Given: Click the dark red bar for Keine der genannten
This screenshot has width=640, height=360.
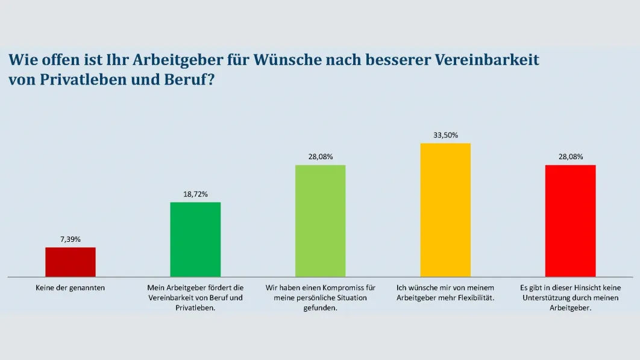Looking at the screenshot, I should point(71,262).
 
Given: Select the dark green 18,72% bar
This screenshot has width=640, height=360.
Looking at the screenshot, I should point(195,239).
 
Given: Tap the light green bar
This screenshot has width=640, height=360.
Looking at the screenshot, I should point(320,221).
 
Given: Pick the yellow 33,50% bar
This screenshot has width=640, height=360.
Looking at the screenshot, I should point(445,210).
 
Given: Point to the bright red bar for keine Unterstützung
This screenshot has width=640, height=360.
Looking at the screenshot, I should point(570,221).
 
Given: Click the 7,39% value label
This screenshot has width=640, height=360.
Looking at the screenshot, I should point(71,239).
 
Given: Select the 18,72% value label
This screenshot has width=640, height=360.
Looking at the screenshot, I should point(195,194).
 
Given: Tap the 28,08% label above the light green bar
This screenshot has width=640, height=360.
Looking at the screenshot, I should point(320,157).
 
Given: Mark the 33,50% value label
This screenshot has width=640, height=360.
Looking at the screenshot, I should point(445,135).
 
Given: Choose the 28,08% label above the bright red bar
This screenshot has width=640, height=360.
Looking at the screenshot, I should point(570,157).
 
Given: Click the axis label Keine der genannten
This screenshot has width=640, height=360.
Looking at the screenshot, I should point(71,288).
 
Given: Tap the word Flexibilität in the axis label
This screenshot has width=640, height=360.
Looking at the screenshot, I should point(474,298).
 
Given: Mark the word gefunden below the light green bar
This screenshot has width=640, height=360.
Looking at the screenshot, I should point(320,308).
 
